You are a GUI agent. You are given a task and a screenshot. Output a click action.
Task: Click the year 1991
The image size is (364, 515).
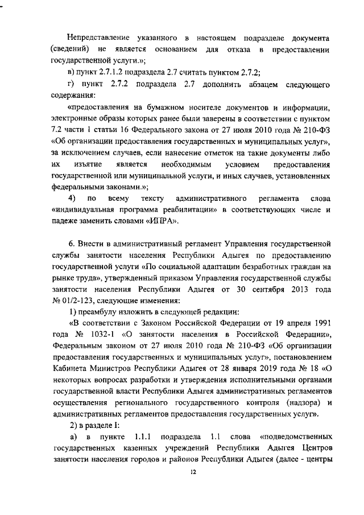(319, 323)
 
